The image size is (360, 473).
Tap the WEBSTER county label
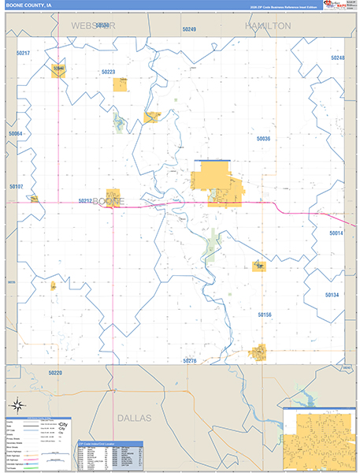click(x=94, y=26)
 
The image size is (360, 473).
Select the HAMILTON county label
click(x=268, y=26)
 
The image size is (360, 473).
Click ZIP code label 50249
click(x=188, y=29)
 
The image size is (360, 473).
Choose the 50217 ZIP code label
click(x=23, y=53)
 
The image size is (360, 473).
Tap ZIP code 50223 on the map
click(x=108, y=72)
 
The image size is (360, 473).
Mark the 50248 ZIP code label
click(x=337, y=58)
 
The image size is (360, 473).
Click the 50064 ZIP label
click(x=16, y=134)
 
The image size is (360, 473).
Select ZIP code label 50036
click(x=263, y=139)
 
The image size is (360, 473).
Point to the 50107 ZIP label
click(x=16, y=187)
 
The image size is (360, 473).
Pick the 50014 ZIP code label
click(x=336, y=233)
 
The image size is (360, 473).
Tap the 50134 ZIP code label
click(x=331, y=295)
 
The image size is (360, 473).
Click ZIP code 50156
click(x=265, y=315)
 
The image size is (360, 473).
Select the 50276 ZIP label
click(x=189, y=360)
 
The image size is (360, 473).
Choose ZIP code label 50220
click(x=54, y=372)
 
